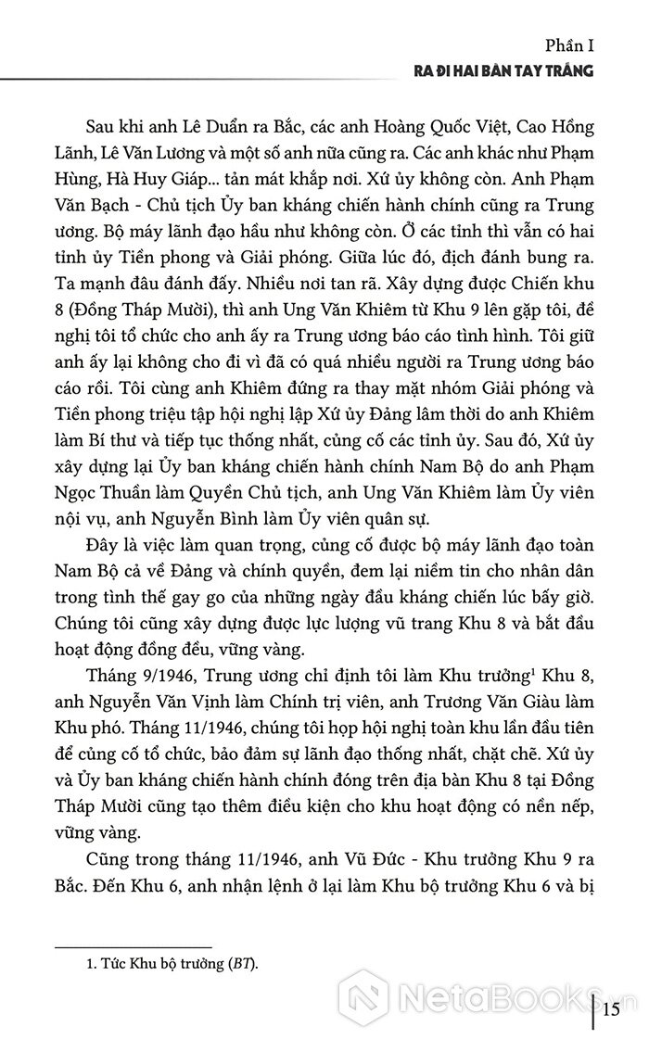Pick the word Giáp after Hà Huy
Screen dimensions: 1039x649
(x=195, y=174)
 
